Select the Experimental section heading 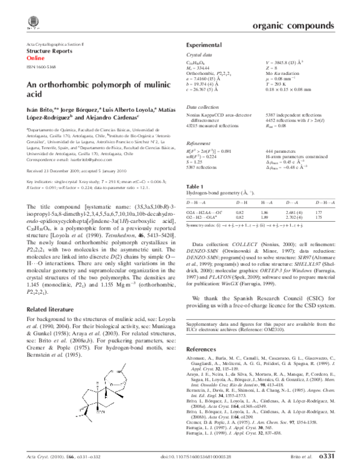click(203, 45)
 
